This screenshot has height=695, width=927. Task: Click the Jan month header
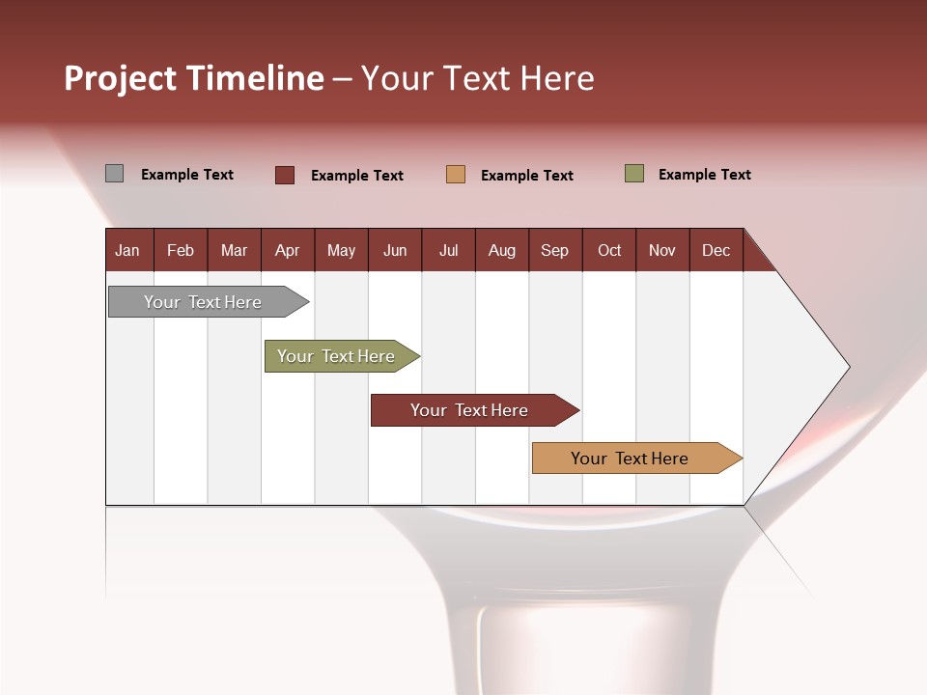click(x=127, y=250)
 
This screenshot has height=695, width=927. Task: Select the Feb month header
click(x=181, y=250)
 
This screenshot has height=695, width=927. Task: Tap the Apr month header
click(x=287, y=250)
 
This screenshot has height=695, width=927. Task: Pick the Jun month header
click(x=395, y=250)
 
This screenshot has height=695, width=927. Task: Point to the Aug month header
click(x=501, y=250)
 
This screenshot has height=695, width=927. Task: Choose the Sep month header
click(x=554, y=250)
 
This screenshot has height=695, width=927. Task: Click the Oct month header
click(x=609, y=250)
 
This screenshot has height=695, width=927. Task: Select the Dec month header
click(x=716, y=250)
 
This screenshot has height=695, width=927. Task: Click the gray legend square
click(x=115, y=174)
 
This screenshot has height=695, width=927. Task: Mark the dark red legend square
click(x=285, y=175)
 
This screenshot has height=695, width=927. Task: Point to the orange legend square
click(x=456, y=175)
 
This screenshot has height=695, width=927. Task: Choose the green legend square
click(x=634, y=174)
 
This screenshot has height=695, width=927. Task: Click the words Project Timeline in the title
click(x=193, y=78)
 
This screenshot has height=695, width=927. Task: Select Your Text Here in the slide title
click(x=478, y=78)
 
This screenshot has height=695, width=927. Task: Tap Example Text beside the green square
click(x=704, y=175)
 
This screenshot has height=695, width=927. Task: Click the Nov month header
click(x=662, y=250)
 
